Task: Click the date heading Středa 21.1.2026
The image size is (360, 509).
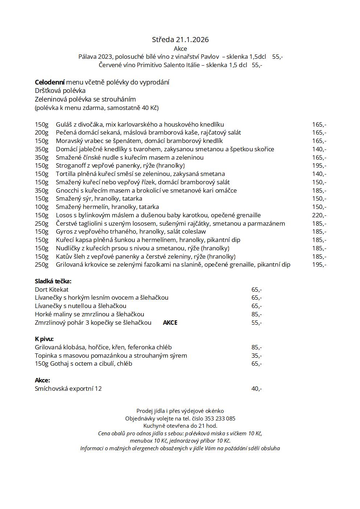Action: (180, 40)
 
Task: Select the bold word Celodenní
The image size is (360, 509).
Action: (50, 82)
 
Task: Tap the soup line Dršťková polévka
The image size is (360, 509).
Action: (60, 91)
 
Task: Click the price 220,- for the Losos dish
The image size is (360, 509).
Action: (319, 215)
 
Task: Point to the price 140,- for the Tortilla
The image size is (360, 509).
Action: (319, 174)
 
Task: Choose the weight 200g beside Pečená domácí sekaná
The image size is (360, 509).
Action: (41, 132)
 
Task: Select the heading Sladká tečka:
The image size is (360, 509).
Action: (53, 281)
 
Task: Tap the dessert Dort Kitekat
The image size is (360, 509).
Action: (52, 290)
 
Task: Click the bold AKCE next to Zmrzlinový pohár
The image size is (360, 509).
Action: (170, 323)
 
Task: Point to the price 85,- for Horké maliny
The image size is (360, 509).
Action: (256, 314)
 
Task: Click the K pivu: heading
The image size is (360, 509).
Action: (44, 339)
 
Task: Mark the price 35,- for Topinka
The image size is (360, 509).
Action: (256, 356)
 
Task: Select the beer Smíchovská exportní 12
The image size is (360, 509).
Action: (68, 389)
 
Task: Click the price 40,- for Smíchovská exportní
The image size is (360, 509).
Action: (256, 389)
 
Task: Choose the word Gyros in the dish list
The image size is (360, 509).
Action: (64, 231)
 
